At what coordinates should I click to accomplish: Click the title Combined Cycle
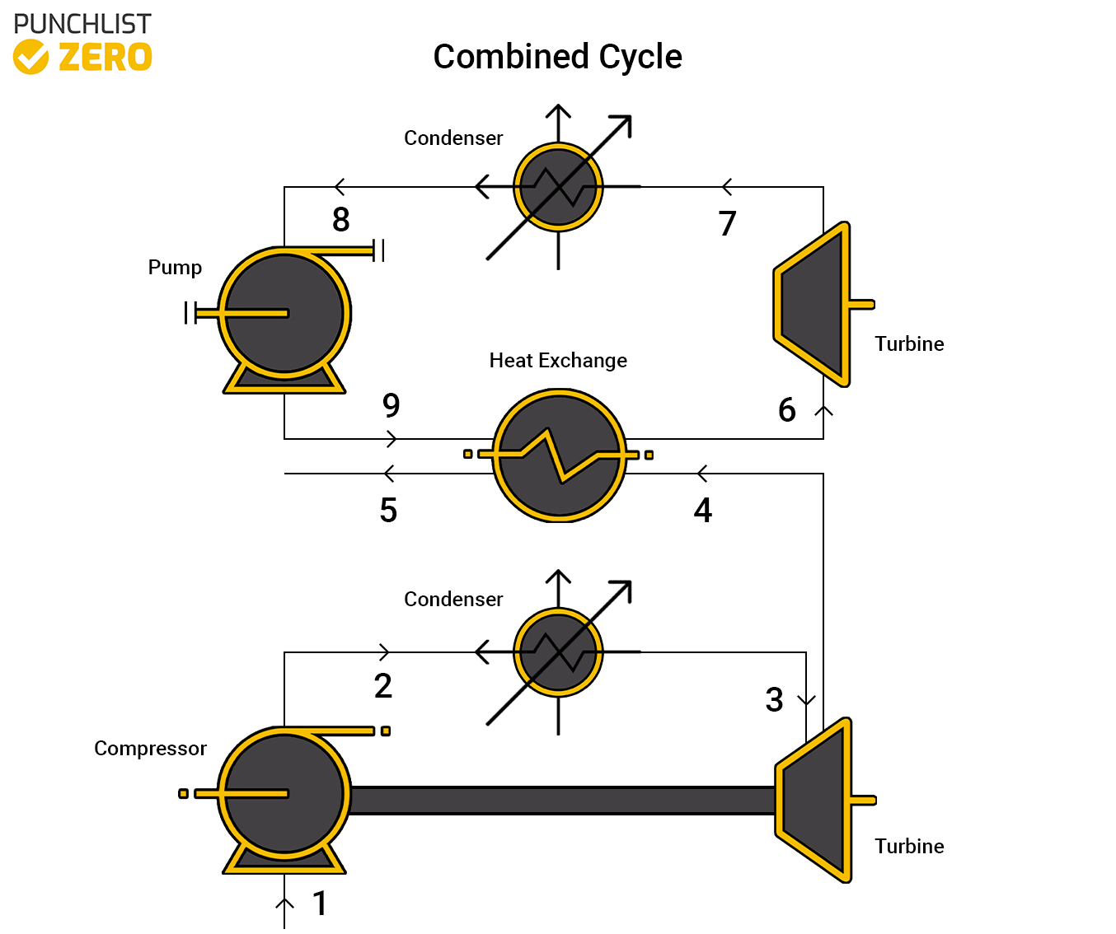[x=557, y=57]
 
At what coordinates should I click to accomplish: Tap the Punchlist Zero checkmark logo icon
[x=31, y=57]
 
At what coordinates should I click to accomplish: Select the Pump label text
[x=175, y=268]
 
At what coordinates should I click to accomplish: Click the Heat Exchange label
[x=558, y=361]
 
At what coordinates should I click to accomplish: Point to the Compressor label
[x=150, y=749]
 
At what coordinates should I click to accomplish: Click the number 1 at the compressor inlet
[x=320, y=904]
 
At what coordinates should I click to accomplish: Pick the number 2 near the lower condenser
[x=382, y=686]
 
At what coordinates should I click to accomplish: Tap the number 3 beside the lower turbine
[x=774, y=700]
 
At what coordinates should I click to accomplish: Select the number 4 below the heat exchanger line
[x=702, y=511]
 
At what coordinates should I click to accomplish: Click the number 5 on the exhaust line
[x=388, y=511]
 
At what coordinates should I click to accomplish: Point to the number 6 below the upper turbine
[x=787, y=410]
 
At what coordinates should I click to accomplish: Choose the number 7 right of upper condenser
[x=727, y=224]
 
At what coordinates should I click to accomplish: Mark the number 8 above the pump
[x=340, y=220]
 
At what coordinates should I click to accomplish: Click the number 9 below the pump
[x=391, y=405]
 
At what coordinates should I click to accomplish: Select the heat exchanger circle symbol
[x=559, y=455]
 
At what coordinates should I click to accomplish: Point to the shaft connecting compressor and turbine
[x=560, y=801]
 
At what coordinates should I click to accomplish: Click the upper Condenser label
[x=453, y=138]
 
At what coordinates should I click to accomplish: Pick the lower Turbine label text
[x=909, y=847]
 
